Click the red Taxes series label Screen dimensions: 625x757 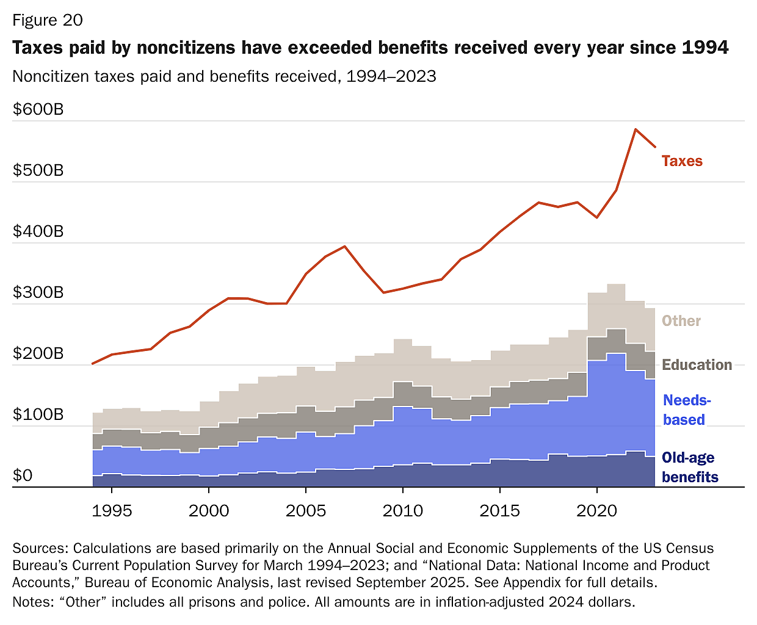click(682, 161)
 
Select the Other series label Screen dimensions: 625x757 click(681, 321)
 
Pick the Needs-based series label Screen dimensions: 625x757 click(686, 410)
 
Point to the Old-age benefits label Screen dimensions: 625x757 click(689, 468)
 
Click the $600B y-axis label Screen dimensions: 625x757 click(38, 110)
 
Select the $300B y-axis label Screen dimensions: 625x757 click(38, 292)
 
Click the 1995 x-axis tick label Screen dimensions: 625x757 click(112, 511)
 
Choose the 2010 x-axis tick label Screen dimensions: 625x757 click(403, 511)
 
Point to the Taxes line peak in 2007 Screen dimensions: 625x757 click(345, 247)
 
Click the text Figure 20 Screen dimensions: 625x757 click(48, 20)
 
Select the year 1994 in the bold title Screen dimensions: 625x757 click(705, 48)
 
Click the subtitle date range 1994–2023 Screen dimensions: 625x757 click(391, 76)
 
